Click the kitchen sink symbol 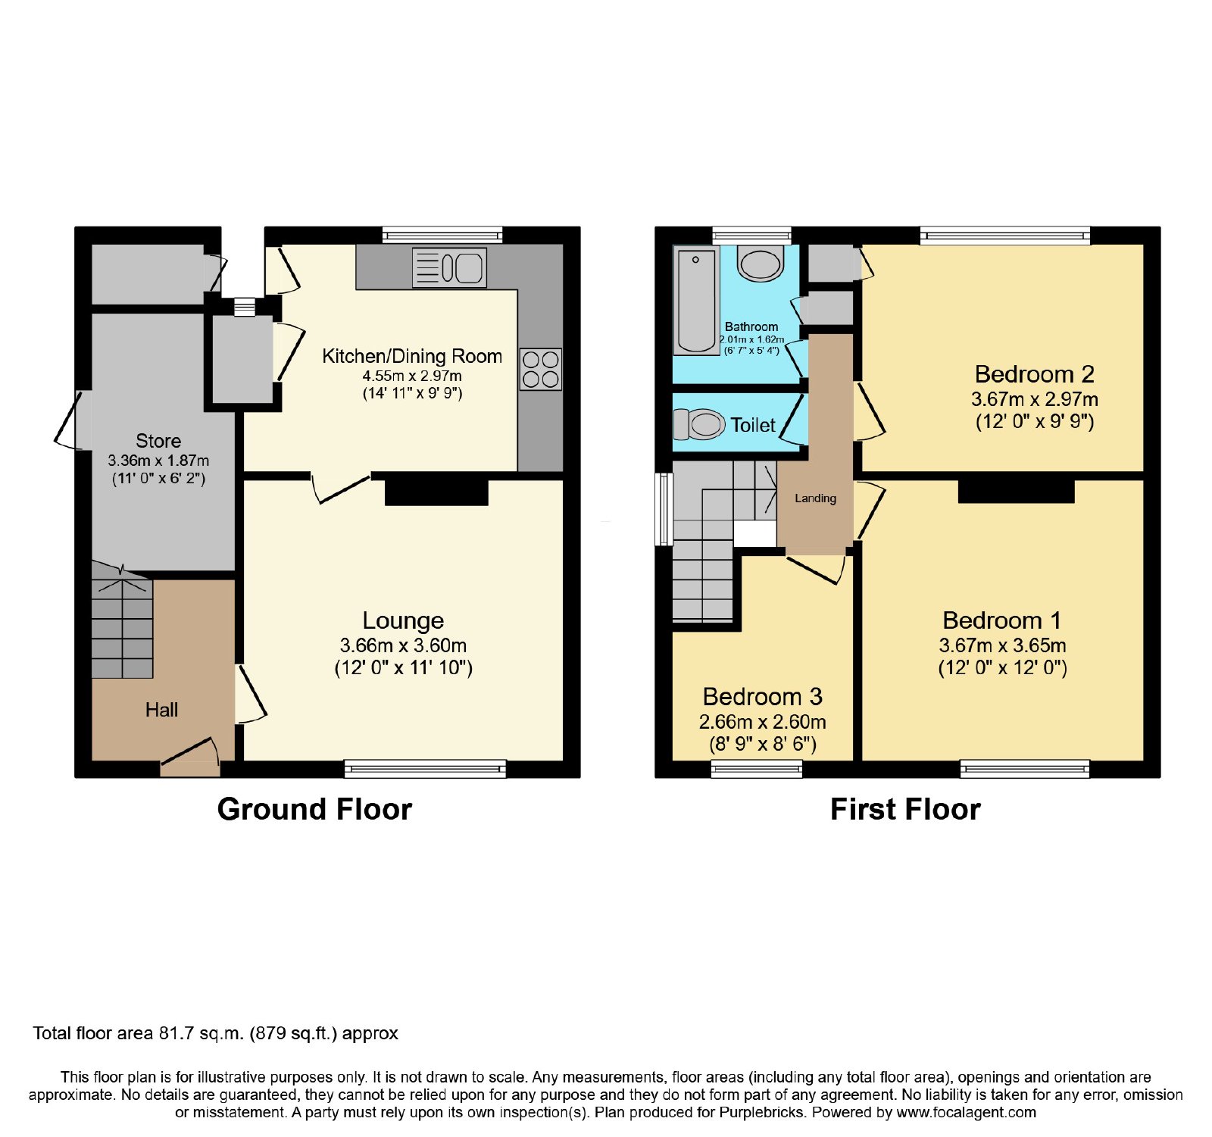click(x=449, y=267)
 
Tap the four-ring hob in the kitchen click(x=541, y=369)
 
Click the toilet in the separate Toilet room click(x=699, y=424)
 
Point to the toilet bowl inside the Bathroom click(x=761, y=263)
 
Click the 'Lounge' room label click(x=403, y=620)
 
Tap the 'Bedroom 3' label click(x=762, y=696)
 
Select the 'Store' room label click(x=158, y=441)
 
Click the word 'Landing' click(x=815, y=498)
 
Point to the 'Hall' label click(x=161, y=710)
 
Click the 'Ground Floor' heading click(x=314, y=809)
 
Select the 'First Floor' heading click(x=905, y=809)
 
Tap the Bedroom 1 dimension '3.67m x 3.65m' click(x=1002, y=645)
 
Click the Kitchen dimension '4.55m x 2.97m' click(x=412, y=376)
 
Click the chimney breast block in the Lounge click(x=436, y=491)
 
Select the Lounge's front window click(x=425, y=769)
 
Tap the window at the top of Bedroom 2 click(x=1005, y=236)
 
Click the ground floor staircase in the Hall click(x=122, y=620)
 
